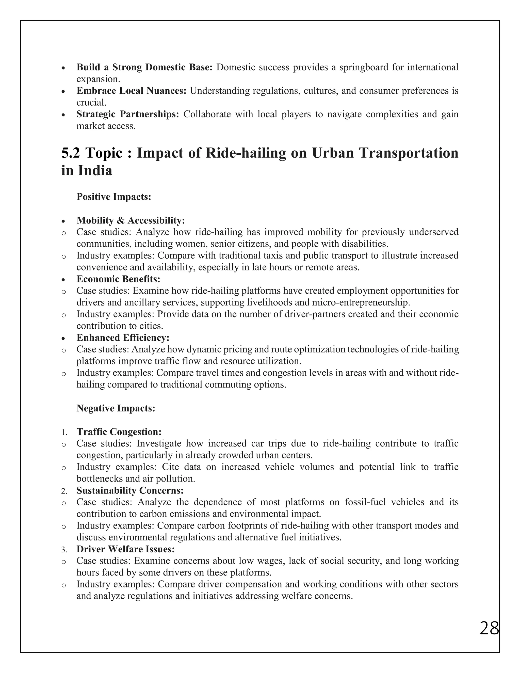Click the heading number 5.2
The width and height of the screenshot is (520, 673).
pyautogui.click(x=71, y=153)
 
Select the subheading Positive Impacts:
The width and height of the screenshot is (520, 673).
pyautogui.click(x=114, y=197)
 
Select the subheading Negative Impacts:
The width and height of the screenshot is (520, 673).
pyautogui.click(x=116, y=408)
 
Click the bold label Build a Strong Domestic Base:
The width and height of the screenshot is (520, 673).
pyautogui.click(x=144, y=67)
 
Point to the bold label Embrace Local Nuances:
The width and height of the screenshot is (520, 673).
pyautogui.click(x=131, y=91)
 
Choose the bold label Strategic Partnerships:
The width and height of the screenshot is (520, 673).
pyautogui.click(x=127, y=114)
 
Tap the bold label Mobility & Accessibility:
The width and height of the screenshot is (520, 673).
pyautogui.click(x=131, y=220)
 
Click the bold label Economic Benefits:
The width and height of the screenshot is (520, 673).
pyautogui.click(x=118, y=279)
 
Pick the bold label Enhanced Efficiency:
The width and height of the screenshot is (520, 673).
pyautogui.click(x=123, y=338)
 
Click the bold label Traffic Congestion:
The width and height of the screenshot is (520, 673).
pyautogui.click(x=119, y=432)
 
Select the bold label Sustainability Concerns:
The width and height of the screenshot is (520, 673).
pyautogui.click(x=130, y=490)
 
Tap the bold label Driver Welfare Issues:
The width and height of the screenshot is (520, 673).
pyautogui.click(x=126, y=549)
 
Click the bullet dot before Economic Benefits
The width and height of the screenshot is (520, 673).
pyautogui.click(x=63, y=280)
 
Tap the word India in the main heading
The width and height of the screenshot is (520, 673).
pyautogui.click(x=95, y=170)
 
